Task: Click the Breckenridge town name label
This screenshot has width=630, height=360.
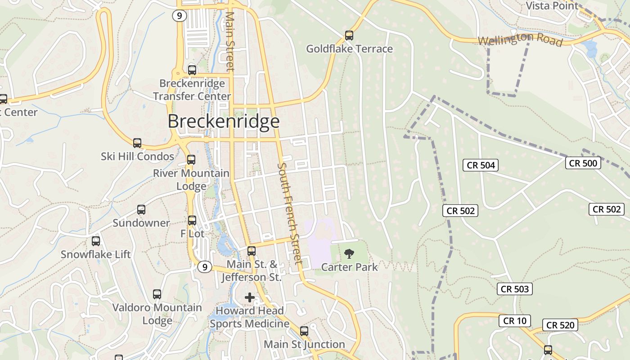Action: (x=224, y=121)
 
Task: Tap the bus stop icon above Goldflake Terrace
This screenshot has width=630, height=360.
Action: (x=349, y=35)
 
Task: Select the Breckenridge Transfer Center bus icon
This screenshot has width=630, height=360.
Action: (x=192, y=70)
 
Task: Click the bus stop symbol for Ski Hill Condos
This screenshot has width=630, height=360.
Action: (x=137, y=143)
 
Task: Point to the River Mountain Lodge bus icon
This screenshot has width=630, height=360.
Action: (x=191, y=160)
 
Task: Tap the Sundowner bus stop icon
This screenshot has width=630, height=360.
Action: (x=141, y=210)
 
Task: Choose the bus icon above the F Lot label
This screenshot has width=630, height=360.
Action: (x=192, y=220)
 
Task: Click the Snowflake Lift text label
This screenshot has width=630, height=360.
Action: (x=96, y=254)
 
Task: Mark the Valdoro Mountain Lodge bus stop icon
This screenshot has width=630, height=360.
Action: (x=157, y=294)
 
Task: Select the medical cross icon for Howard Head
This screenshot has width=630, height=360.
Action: (x=249, y=297)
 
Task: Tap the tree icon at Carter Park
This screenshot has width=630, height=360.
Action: (x=349, y=254)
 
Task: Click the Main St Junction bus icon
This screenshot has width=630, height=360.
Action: (x=304, y=331)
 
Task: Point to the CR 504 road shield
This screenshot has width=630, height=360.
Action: (x=481, y=165)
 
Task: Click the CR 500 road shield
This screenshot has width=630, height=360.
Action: (x=583, y=163)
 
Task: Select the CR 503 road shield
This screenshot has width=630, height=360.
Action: (x=515, y=289)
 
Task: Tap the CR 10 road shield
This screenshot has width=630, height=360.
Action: (x=514, y=321)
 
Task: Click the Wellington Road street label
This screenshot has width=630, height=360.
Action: (x=520, y=40)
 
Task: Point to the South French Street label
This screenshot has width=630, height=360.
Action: (x=289, y=213)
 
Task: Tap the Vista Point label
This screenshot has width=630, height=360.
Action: (x=552, y=6)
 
